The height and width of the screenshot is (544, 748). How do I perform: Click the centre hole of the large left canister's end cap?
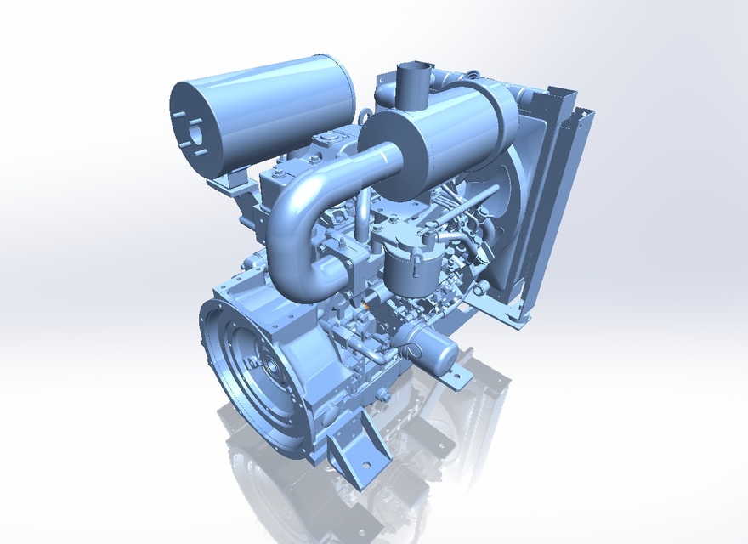click(193, 132)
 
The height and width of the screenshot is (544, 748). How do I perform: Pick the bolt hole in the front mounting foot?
click(366, 465)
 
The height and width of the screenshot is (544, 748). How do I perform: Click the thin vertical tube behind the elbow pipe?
click(361, 212)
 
